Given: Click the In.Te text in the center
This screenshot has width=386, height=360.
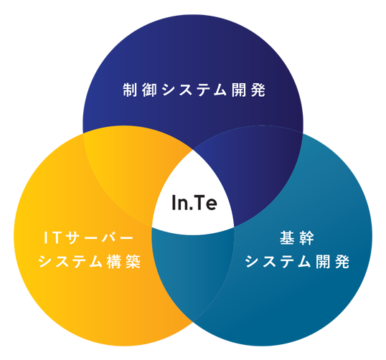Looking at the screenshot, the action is click(194, 202).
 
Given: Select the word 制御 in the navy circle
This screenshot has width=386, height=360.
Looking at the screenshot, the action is click(140, 90).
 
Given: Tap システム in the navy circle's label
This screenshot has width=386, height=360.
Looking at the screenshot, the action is click(194, 90).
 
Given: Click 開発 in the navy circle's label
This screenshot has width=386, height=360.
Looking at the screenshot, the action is click(248, 90).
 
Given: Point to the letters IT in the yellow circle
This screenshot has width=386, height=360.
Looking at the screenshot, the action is click(52, 237).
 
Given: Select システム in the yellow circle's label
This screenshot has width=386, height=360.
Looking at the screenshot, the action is click(70, 261).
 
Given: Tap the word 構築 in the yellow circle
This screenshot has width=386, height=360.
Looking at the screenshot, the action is click(123, 261).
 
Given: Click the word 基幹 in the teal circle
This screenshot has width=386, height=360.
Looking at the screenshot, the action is click(297, 237).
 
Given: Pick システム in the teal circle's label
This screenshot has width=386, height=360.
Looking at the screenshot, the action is click(277, 261).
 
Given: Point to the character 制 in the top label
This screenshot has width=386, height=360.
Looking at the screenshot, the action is click(130, 90).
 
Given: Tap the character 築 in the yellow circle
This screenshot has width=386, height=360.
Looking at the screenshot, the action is click(133, 261).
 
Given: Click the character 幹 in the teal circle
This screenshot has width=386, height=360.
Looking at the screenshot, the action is click(306, 237).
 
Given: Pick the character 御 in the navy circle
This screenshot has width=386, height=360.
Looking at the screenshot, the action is click(149, 90).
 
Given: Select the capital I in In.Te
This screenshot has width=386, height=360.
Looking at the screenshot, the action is click(174, 203).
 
